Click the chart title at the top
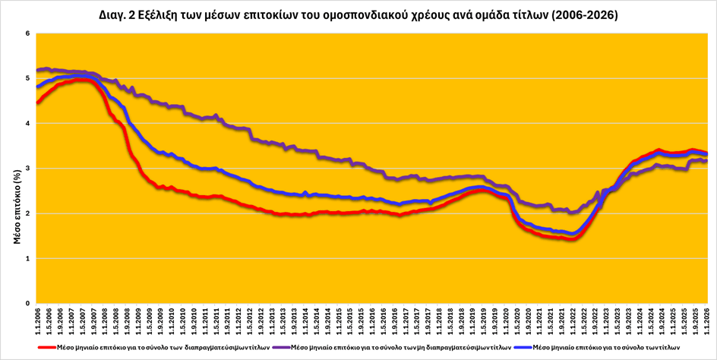tap(358, 14)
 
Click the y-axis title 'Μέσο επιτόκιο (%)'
tap(17, 206)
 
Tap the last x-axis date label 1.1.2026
tap(708, 319)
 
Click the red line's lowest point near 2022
tap(570, 239)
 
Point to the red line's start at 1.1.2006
tap(37, 103)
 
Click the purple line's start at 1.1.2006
tap(37, 71)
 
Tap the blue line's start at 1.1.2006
tap(37, 87)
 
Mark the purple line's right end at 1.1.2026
tap(707, 160)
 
